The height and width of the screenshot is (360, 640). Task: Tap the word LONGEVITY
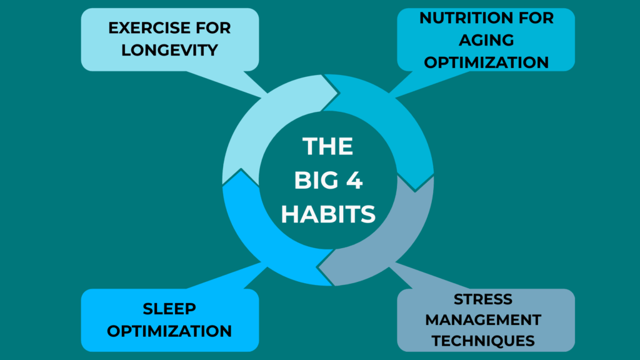point(169,51)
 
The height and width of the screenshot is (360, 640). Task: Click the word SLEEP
point(169,309)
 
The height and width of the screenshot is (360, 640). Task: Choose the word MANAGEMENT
point(486,320)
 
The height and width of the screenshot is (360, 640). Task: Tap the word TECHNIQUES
point(486,341)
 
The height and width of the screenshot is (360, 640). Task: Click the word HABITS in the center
point(328,214)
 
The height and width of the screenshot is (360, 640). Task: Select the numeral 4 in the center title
point(354,181)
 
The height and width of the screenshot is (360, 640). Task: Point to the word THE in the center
point(328,147)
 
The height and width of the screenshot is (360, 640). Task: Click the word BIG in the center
point(315,181)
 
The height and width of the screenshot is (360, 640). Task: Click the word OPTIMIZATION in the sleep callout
point(169,331)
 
